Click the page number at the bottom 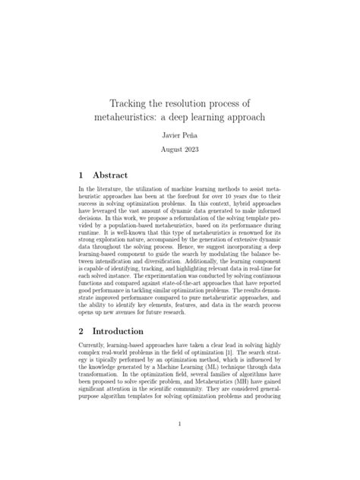[180, 425]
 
